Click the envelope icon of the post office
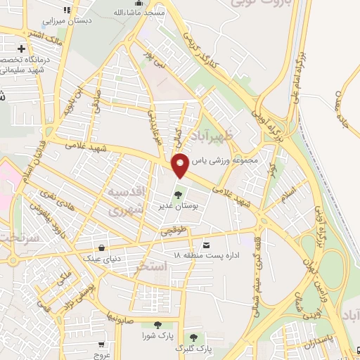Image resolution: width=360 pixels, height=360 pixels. click(x=206, y=245)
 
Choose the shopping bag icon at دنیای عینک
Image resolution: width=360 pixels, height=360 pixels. click(x=103, y=248)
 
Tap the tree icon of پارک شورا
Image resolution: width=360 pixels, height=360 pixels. click(x=156, y=325)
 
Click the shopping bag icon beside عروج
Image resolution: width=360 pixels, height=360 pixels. click(x=101, y=345)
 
